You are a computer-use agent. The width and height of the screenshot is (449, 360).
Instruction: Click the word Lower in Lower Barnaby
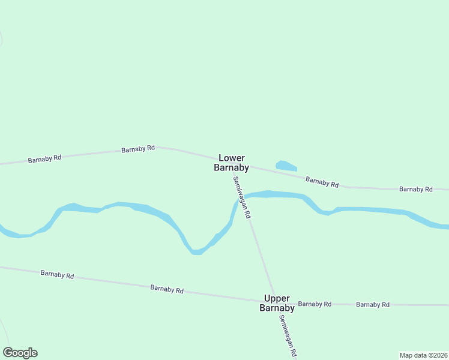tap(232, 158)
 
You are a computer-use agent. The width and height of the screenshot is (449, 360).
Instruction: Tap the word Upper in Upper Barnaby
tap(277, 299)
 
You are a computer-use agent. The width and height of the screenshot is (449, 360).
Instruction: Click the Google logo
tap(20, 353)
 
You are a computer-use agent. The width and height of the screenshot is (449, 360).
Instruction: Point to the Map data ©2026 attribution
tap(423, 355)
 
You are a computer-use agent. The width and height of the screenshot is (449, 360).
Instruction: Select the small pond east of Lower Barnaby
tap(285, 165)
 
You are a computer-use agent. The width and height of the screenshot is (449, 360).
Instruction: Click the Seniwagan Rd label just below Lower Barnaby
tap(242, 197)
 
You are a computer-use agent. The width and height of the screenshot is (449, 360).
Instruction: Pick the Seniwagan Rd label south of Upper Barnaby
tap(288, 337)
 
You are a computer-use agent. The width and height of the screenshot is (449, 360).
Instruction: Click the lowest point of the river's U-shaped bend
tap(196, 252)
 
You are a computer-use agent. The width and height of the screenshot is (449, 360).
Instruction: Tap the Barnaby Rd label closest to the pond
tap(322, 181)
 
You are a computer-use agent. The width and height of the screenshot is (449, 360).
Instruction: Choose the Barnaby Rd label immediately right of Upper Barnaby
tap(315, 304)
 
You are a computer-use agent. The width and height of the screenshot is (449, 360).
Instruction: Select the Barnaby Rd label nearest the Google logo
tap(57, 275)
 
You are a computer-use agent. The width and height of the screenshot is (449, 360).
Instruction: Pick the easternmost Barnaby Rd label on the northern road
tap(416, 189)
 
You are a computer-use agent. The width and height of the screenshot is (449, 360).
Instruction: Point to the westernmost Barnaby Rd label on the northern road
tap(45, 159)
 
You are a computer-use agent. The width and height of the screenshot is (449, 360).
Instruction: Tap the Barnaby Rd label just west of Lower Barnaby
tap(138, 149)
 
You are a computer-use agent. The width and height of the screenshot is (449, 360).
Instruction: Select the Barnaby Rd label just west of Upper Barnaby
tap(167, 289)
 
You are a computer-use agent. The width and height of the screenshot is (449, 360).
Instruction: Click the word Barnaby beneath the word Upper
tap(277, 308)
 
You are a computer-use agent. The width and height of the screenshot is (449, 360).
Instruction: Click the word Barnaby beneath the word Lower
tap(232, 168)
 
